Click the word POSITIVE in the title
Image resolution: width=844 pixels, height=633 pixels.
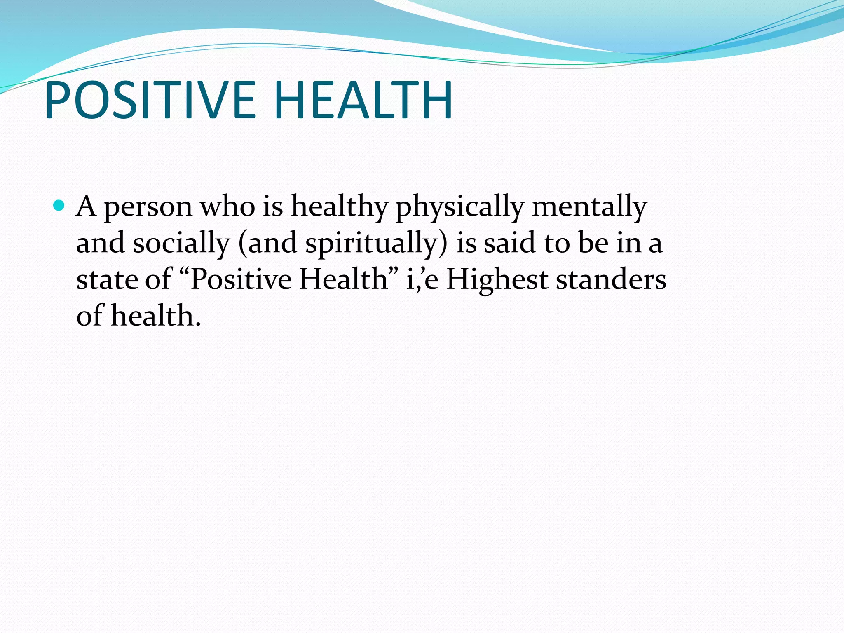click(x=150, y=100)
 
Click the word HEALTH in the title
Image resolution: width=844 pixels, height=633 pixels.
click(x=363, y=100)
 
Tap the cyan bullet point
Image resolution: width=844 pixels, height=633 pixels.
click(x=59, y=205)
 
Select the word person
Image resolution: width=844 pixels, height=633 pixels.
click(x=148, y=207)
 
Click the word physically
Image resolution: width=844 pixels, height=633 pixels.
click(x=460, y=207)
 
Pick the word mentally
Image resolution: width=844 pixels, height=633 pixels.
click(x=589, y=207)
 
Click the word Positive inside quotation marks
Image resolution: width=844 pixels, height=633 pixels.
click(x=241, y=279)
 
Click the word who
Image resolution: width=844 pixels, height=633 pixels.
click(x=227, y=206)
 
